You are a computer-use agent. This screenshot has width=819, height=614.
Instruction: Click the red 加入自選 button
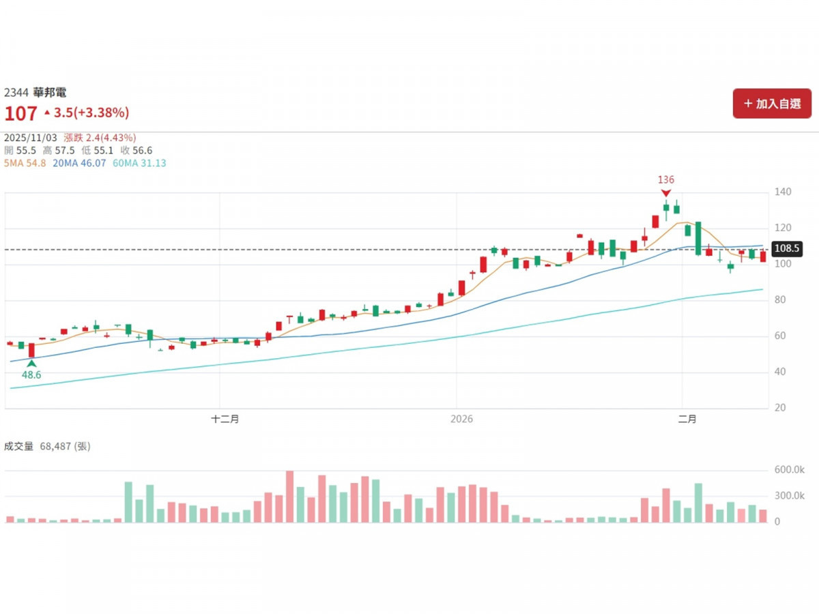tap(772, 104)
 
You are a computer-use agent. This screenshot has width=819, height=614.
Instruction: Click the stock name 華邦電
tap(50, 93)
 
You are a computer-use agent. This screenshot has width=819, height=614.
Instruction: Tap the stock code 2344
tap(17, 93)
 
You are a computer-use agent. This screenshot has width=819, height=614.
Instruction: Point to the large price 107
tap(20, 113)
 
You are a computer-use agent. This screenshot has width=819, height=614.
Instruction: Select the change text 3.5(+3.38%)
tap(91, 113)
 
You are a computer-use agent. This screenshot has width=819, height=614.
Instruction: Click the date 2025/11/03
tap(31, 137)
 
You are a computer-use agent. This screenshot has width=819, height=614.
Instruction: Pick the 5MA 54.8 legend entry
tap(25, 163)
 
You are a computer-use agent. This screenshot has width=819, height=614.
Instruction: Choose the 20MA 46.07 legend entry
tap(79, 163)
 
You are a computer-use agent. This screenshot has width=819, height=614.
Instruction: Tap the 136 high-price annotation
tap(665, 180)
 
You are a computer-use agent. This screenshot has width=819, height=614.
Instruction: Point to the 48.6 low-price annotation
tap(31, 375)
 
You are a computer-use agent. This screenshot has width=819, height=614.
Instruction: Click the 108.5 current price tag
tap(787, 249)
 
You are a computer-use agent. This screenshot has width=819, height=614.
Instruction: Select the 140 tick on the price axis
tap(784, 192)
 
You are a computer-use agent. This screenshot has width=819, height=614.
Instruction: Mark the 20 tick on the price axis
tap(781, 408)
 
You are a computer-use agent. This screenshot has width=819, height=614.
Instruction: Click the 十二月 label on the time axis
tap(225, 420)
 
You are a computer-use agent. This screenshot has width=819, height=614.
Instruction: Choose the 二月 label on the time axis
tap(687, 420)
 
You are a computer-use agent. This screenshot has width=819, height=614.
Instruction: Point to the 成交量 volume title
tap(18, 446)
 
